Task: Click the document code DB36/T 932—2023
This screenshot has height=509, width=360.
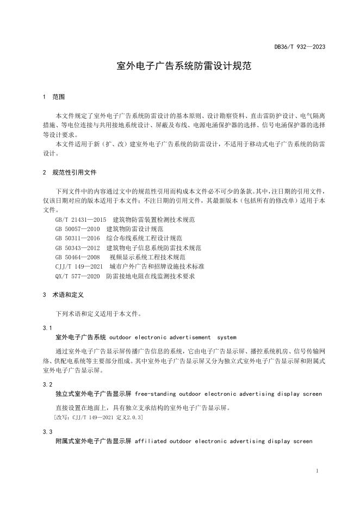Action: click(x=300, y=47)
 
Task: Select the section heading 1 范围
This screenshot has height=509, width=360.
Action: click(x=54, y=97)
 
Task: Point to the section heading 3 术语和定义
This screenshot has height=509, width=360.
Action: click(x=62, y=295)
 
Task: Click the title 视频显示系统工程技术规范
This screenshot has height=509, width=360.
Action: click(x=147, y=257)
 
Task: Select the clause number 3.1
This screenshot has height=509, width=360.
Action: click(x=47, y=328)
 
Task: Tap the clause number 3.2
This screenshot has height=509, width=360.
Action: click(x=47, y=384)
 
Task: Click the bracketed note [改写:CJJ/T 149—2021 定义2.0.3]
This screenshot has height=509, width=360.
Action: click(x=99, y=417)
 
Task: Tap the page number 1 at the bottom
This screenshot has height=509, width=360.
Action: click(x=317, y=470)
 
